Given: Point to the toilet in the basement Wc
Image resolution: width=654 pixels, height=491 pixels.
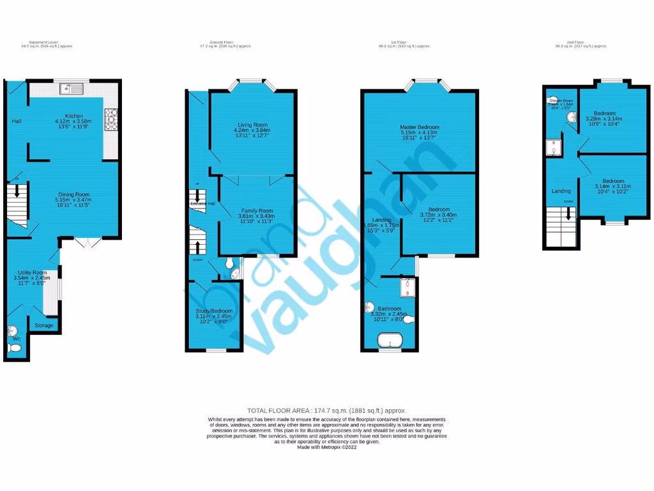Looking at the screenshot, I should click(x=15, y=347).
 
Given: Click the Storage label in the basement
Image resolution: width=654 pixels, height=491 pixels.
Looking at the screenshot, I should click(x=44, y=325).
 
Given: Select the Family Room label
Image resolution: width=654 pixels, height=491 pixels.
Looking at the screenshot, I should click(x=257, y=210).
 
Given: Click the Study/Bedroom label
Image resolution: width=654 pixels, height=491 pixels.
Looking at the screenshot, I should click(x=214, y=311).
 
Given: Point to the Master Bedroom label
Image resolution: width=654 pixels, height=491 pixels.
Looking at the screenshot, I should click(x=420, y=127).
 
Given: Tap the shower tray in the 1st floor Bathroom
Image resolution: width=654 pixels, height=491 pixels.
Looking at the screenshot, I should click(x=407, y=288).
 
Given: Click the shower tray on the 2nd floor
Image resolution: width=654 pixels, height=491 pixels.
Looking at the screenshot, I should click(x=553, y=148).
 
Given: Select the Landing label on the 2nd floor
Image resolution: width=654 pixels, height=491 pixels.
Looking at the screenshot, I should click(x=561, y=191).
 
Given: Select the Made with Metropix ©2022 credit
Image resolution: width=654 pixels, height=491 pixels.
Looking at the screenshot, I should click(x=326, y=448).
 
